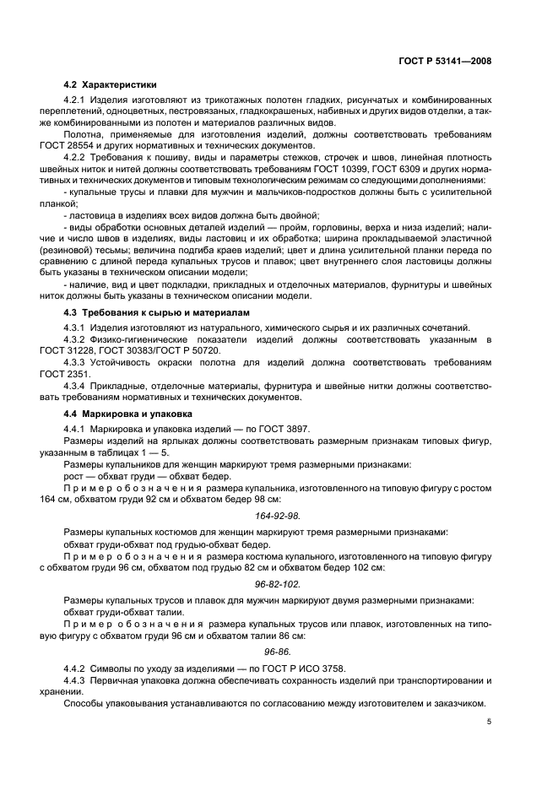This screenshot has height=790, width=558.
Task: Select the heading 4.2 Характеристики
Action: tap(110, 85)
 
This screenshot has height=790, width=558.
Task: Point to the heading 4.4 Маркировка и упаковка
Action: tap(127, 414)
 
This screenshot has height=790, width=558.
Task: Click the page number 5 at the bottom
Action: tap(489, 721)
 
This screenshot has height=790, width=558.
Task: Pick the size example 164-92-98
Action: tap(278, 514)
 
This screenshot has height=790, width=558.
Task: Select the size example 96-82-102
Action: tap(278, 583)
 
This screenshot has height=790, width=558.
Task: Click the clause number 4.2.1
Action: tap(77, 100)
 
